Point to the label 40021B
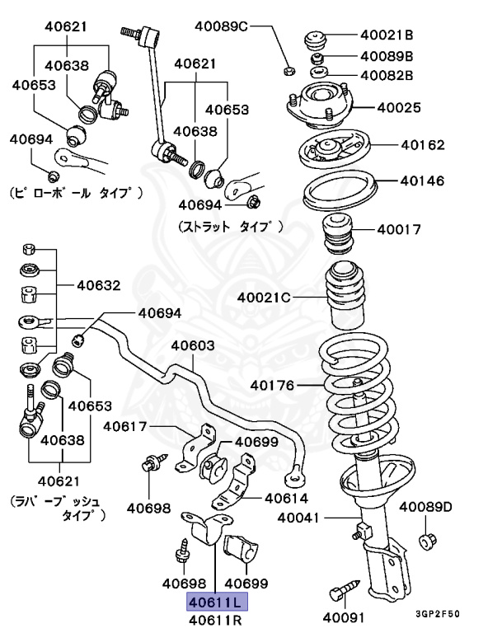pyautogui.click(x=387, y=35)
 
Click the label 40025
pyautogui.click(x=400, y=107)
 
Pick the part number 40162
pyautogui.click(x=423, y=145)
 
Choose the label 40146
pyautogui.click(x=423, y=180)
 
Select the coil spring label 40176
pyautogui.click(x=273, y=384)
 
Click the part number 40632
pyautogui.click(x=99, y=286)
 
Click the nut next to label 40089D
pyautogui.click(x=427, y=542)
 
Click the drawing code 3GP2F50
pyautogui.click(x=438, y=615)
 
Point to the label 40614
pyautogui.click(x=286, y=498)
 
